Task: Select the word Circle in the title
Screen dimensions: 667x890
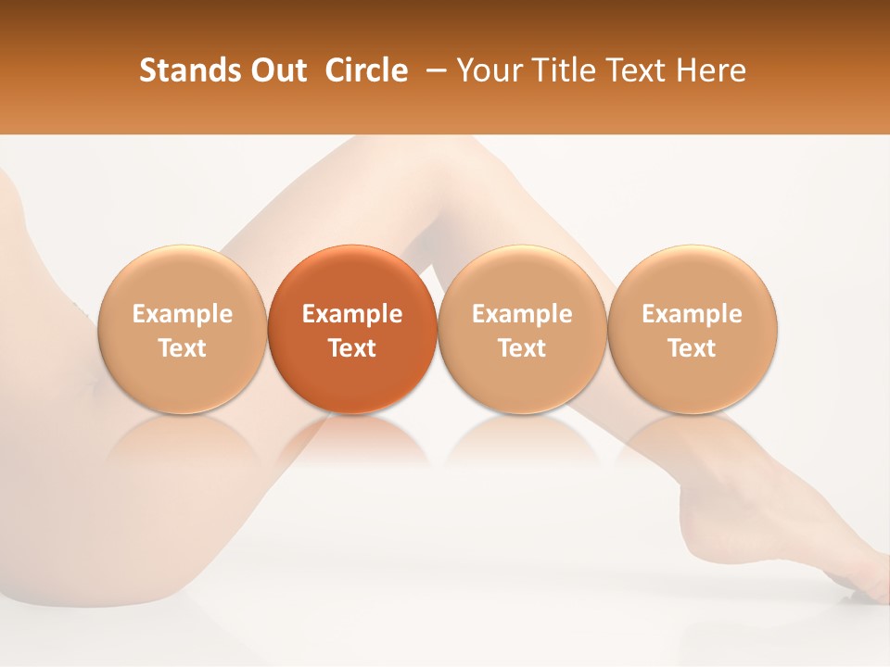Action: tap(365, 70)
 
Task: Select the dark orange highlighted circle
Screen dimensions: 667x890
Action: tap(352, 330)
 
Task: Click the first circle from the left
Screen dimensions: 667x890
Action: tap(182, 330)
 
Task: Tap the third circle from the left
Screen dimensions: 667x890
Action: tap(522, 330)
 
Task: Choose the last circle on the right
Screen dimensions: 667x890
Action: tap(693, 330)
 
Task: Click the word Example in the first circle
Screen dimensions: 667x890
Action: tap(182, 314)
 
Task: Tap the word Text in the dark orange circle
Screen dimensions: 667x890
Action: tap(352, 348)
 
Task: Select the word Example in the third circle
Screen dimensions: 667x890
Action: tap(522, 314)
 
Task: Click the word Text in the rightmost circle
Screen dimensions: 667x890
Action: tap(693, 348)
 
